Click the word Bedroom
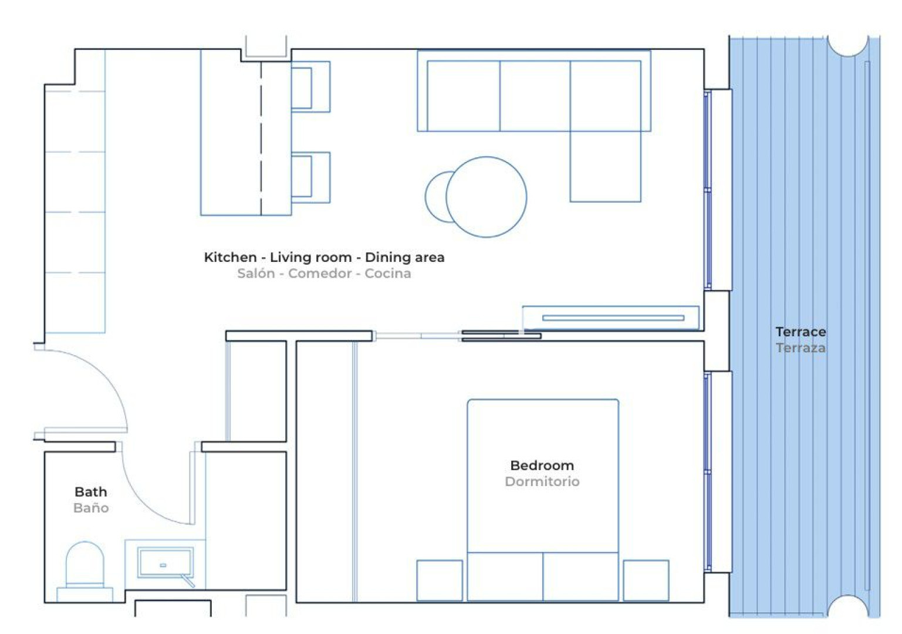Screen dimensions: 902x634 [542, 466]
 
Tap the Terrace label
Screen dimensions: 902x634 [800, 332]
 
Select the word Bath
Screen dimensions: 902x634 [90, 491]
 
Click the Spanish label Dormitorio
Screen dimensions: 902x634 [542, 481]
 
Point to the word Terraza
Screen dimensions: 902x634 [800, 348]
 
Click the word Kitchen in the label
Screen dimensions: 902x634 [230, 257]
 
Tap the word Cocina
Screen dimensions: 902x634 [388, 274]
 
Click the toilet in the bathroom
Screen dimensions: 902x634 [85, 571]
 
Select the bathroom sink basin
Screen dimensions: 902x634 [165, 562]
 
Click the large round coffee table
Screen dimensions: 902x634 [486, 197]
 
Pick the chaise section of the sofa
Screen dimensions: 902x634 [605, 166]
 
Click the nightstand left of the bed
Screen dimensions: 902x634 [440, 580]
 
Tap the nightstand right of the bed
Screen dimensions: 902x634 [646, 580]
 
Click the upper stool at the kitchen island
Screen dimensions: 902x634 [310, 87]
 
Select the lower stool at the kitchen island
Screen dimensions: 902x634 [310, 177]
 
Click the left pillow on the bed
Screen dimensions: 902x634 [505, 576]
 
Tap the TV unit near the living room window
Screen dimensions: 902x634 [610, 318]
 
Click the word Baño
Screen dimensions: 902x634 [91, 508]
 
